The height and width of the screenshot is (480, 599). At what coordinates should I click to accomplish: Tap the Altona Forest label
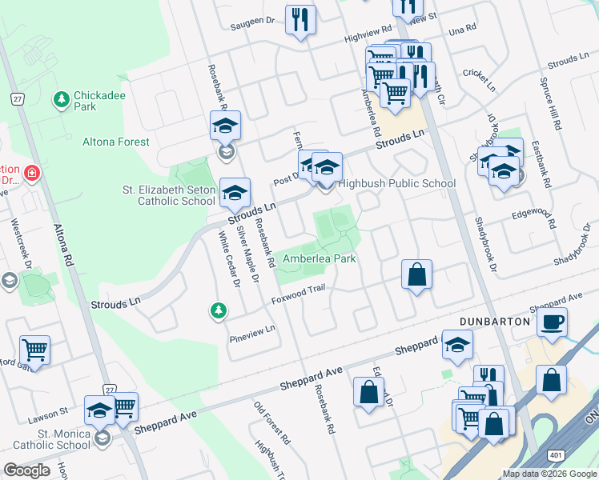[x=116, y=142]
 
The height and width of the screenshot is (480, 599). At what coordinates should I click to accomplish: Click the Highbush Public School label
[x=396, y=183]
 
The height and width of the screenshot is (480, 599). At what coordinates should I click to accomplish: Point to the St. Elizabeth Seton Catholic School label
[x=168, y=195]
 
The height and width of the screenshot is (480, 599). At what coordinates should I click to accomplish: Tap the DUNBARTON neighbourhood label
[x=496, y=321]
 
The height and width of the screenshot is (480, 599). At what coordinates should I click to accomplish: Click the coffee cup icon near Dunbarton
[x=552, y=323]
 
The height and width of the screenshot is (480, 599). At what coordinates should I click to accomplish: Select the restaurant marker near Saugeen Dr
[x=300, y=20]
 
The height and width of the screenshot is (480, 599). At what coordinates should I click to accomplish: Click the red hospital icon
[x=30, y=173]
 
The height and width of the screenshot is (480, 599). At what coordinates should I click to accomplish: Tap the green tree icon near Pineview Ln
[x=217, y=310]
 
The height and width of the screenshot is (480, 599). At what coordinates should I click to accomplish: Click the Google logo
[x=27, y=470]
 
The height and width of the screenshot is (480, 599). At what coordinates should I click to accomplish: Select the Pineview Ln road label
[x=251, y=329]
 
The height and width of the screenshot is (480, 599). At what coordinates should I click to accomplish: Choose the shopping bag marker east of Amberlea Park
[x=416, y=275]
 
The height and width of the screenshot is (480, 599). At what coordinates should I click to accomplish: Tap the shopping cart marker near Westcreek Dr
[x=35, y=349]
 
